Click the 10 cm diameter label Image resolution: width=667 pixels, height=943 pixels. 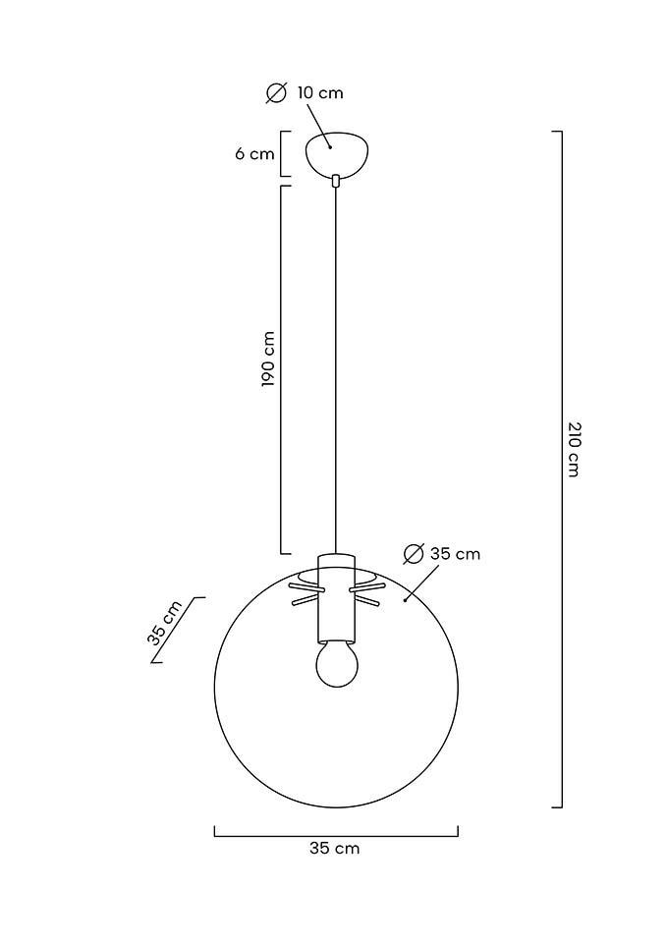320,92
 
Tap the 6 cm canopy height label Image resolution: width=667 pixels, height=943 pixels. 254,154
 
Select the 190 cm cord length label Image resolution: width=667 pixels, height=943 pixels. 268,359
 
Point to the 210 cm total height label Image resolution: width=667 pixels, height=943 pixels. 575,449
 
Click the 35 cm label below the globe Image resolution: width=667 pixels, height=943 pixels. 334,848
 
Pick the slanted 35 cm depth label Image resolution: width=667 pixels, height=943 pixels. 164,623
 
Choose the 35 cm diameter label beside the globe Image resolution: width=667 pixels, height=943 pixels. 455,553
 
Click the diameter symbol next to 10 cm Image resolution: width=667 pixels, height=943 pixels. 276,93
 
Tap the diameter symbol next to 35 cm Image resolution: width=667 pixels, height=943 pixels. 414,554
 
